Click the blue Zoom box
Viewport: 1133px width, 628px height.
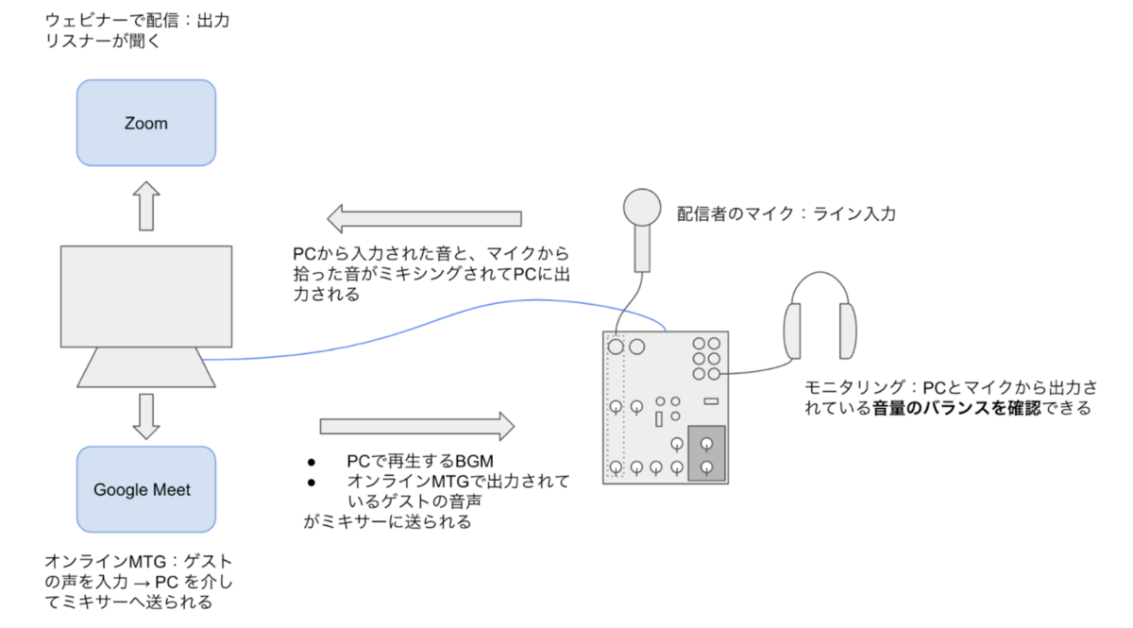click(145, 123)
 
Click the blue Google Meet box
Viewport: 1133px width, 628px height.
click(145, 489)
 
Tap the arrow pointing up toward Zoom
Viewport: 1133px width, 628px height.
click(145, 207)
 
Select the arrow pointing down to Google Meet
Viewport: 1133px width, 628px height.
click(145, 416)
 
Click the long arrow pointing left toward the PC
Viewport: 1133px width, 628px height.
click(425, 219)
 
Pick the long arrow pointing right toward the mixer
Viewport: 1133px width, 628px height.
click(415, 425)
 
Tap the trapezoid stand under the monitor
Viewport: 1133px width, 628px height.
click(145, 367)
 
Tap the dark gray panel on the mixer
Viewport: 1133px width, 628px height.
click(706, 453)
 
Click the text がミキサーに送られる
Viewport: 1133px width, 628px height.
click(387, 521)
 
